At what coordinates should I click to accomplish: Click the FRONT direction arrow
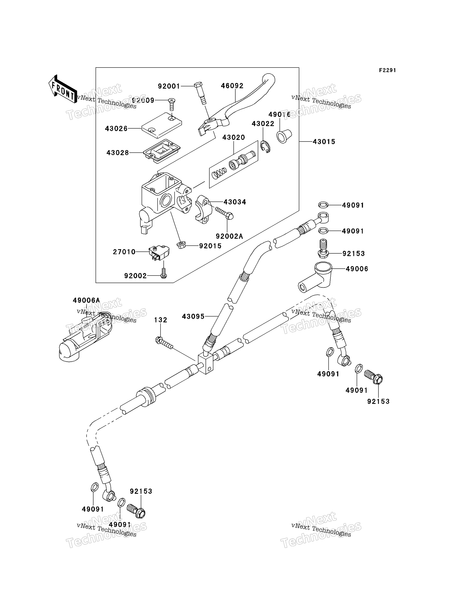[x=62, y=89]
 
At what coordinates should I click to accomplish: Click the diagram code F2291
[x=387, y=70]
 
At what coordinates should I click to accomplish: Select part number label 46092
[x=232, y=86]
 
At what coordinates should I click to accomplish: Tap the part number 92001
[x=169, y=86]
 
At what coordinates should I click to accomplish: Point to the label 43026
[x=116, y=129]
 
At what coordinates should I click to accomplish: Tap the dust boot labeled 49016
[x=284, y=136]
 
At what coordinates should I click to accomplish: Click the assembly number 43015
[x=324, y=142]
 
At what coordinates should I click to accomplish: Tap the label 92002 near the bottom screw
[x=135, y=276]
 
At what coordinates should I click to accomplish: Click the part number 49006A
[x=86, y=300]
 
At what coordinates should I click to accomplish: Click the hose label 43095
[x=193, y=316]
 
